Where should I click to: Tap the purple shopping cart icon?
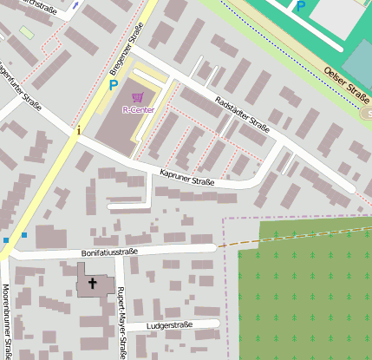[137, 98]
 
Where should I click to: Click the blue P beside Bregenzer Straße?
[113, 86]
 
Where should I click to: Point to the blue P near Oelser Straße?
[300, 6]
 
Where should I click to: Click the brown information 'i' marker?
[78, 131]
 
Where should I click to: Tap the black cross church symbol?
[93, 284]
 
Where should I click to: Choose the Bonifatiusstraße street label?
[110, 252]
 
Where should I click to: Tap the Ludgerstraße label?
[171, 327]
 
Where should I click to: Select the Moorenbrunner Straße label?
[6, 321]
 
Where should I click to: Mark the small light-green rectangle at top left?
[28, 33]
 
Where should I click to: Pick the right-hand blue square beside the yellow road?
[24, 234]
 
